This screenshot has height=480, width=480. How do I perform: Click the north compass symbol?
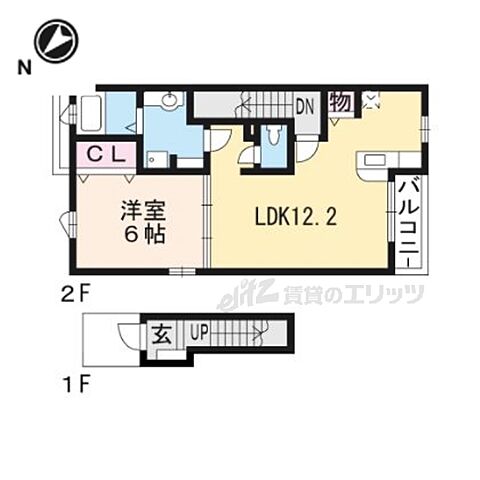57,41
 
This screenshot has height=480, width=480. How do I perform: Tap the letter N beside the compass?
25,68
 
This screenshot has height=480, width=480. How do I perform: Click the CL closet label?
106,154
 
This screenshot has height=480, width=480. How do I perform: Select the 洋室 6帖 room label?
143,222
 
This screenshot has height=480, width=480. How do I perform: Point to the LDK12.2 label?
296,218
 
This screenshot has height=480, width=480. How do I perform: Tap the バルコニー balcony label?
409,221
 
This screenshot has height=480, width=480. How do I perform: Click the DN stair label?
305,107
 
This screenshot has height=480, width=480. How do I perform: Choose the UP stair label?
199,332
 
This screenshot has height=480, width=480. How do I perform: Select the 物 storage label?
341,102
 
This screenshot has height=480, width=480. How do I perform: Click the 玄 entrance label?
162,335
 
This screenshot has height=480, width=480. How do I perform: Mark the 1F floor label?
76,386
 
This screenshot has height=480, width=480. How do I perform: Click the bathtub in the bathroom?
91,113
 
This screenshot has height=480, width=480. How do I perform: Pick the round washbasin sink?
170,99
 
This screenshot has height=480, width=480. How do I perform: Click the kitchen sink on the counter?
375,161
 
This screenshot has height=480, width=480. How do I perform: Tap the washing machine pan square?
158,160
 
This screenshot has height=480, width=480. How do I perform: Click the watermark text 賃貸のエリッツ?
353,294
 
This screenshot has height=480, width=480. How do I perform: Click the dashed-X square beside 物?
372,100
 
